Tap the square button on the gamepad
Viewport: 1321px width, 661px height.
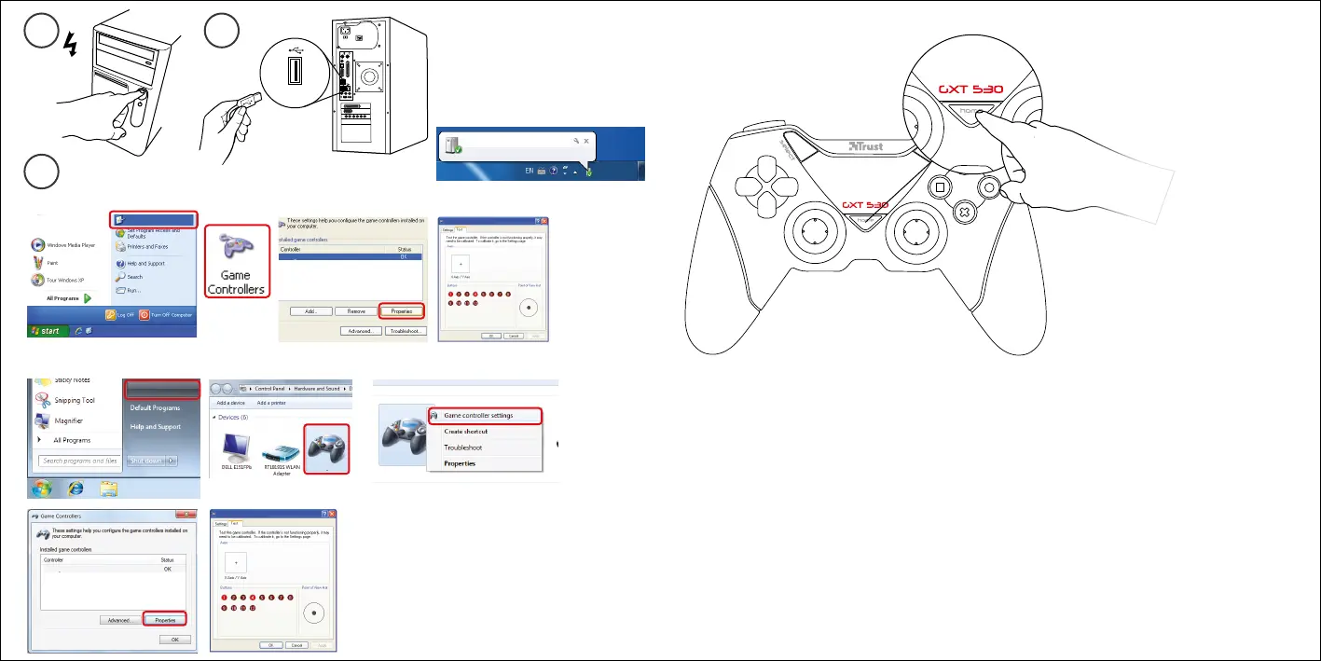pos(939,186)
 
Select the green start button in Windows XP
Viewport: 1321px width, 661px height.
pos(47,331)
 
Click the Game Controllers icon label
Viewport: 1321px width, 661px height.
pos(236,282)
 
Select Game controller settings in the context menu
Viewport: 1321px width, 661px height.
pos(477,415)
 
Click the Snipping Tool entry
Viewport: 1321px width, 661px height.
pos(75,400)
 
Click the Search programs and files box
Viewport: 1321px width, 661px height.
pos(79,461)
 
